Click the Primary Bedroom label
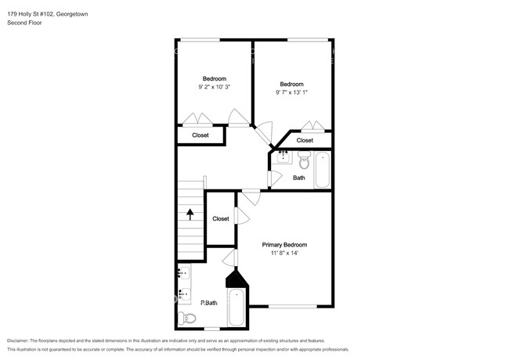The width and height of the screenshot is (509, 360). click(x=284, y=245)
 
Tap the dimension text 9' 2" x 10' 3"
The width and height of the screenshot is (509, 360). click(x=215, y=87)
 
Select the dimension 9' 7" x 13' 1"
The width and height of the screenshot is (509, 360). click(x=291, y=92)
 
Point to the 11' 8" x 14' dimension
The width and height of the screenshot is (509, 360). click(x=284, y=253)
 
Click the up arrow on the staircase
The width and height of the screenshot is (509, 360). click(x=190, y=214)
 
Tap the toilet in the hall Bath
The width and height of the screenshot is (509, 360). click(x=304, y=160)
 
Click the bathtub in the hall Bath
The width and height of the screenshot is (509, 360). click(x=323, y=170)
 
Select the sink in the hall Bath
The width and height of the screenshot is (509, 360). click(x=283, y=157)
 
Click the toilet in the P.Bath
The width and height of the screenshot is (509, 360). click(x=187, y=319)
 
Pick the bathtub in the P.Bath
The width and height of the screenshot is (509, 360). click(x=236, y=308)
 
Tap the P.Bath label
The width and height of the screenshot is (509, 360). click(x=209, y=303)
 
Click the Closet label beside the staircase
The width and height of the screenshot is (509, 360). click(x=221, y=219)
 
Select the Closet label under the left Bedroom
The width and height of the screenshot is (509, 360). click(x=200, y=135)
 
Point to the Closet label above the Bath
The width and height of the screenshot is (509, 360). click(x=305, y=140)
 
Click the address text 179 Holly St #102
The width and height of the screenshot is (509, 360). click(x=31, y=14)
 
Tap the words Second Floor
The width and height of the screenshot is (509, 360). click(x=24, y=23)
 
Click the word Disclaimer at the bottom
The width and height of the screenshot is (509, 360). click(x=18, y=340)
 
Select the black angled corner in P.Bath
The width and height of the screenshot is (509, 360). click(x=236, y=279)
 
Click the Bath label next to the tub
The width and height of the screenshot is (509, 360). click(x=299, y=178)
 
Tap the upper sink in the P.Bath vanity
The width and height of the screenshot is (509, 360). click(x=184, y=273)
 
